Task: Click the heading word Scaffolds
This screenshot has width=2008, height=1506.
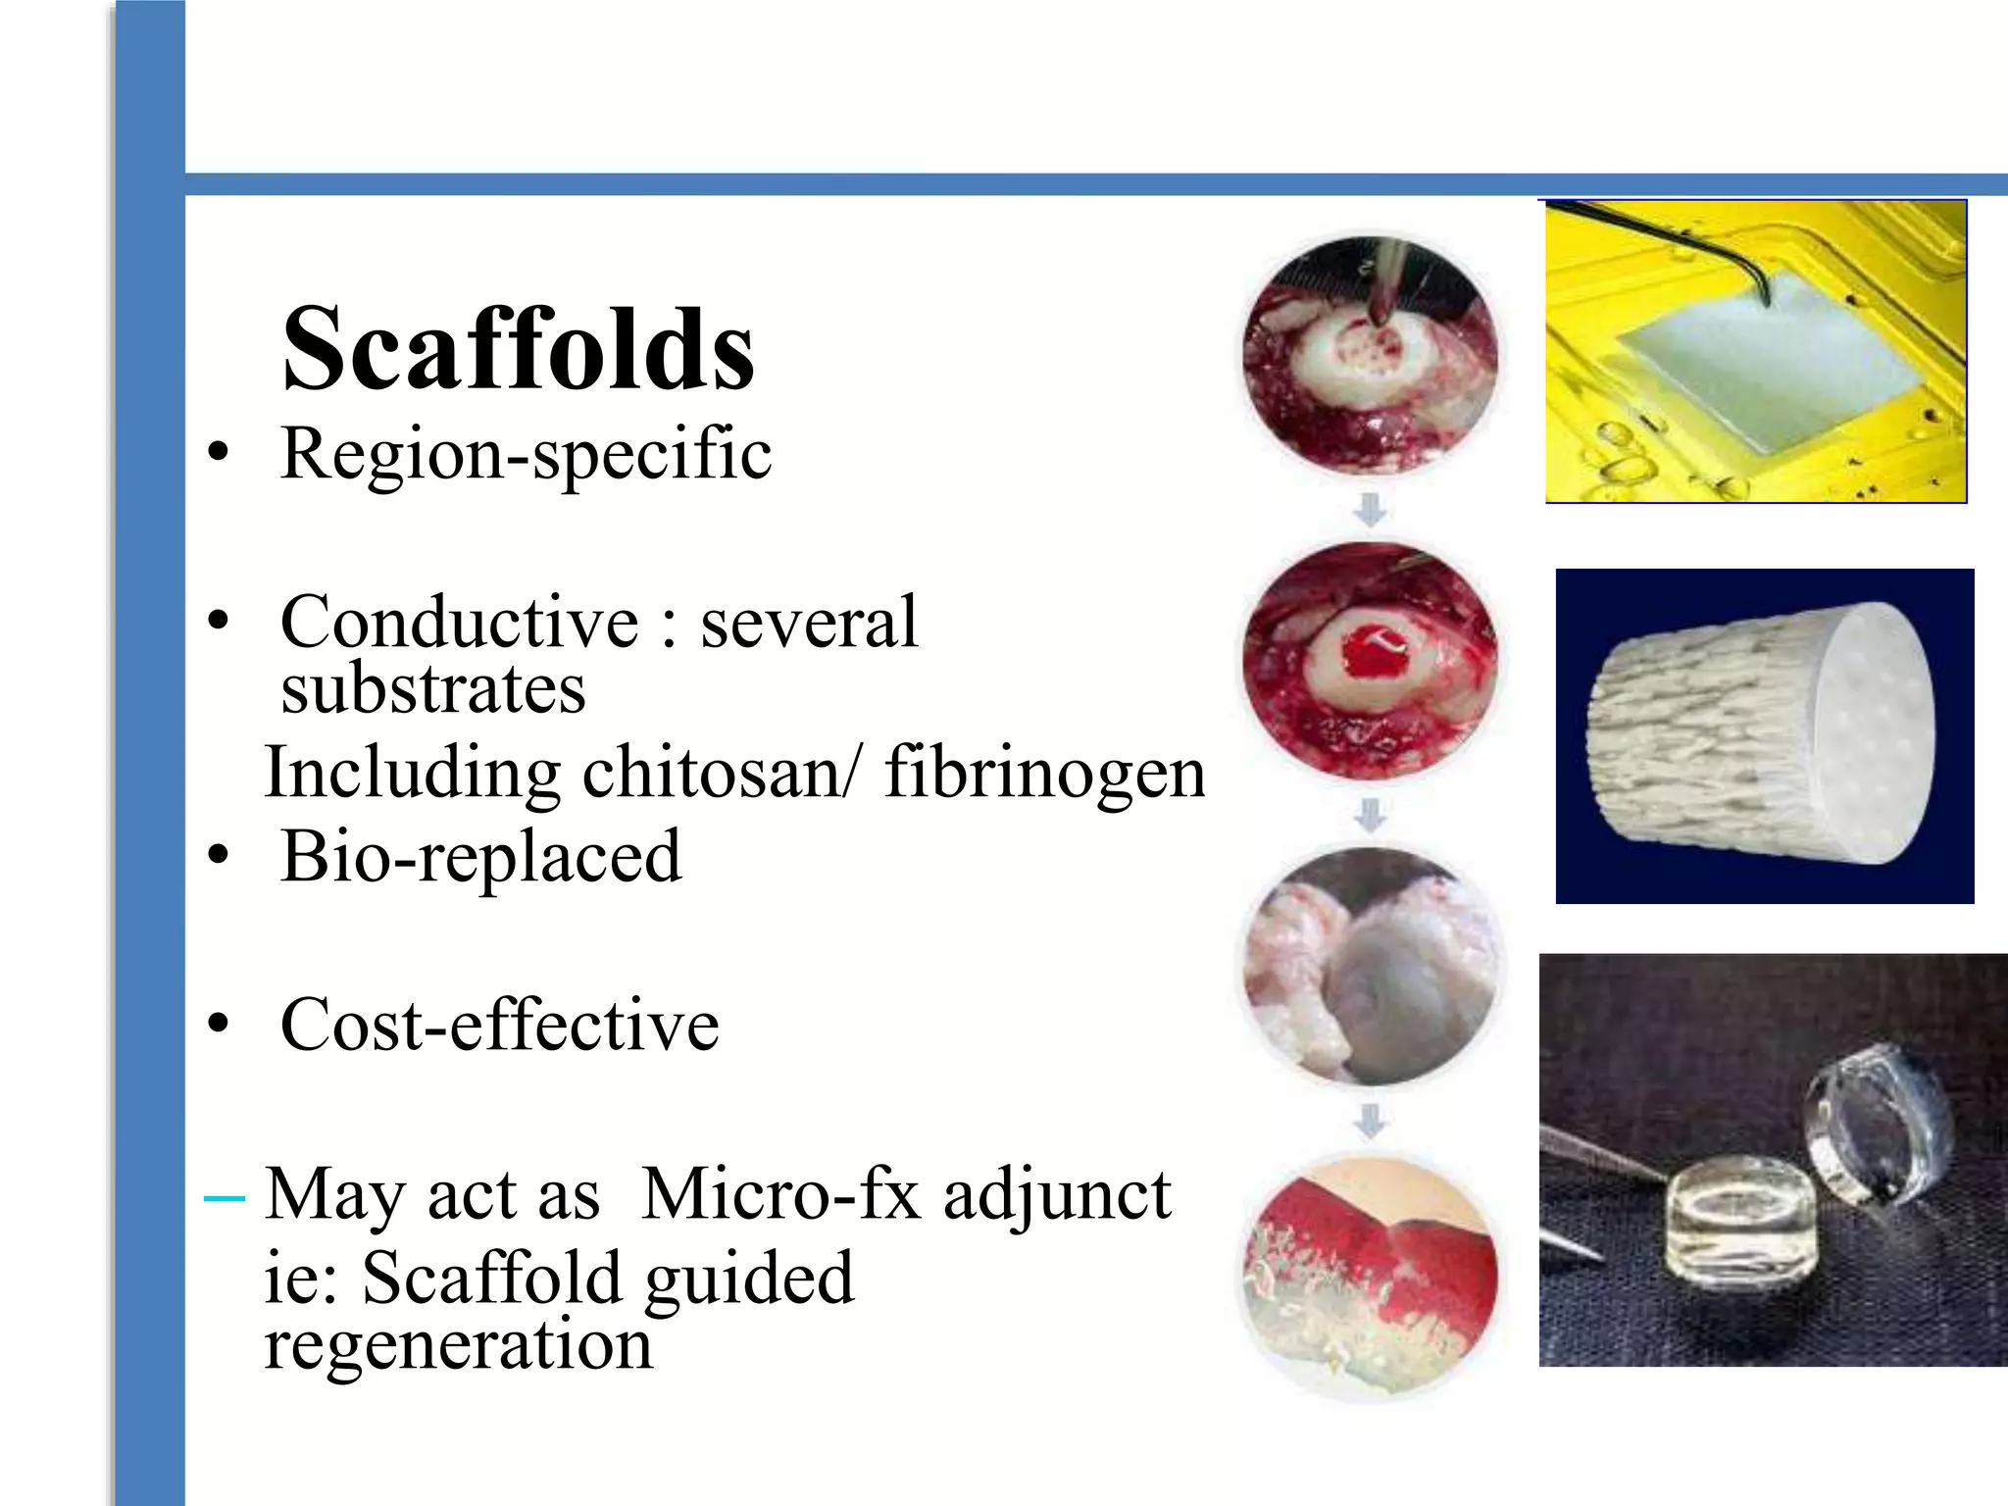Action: click(x=518, y=349)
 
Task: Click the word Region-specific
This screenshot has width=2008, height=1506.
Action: click(x=526, y=454)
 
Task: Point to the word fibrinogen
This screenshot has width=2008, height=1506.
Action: click(x=1044, y=773)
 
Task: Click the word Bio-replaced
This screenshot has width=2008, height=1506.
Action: click(x=480, y=857)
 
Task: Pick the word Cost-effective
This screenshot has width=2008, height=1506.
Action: click(x=500, y=1026)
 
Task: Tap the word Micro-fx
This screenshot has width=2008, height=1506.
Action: click(x=781, y=1194)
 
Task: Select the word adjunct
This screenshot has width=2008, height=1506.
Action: click(x=1057, y=1194)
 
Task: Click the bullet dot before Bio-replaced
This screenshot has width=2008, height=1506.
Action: click(x=218, y=857)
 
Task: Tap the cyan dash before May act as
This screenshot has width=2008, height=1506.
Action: click(x=224, y=1197)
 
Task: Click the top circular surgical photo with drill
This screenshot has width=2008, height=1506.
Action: click(x=1370, y=356)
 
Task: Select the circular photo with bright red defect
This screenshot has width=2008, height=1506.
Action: click(x=1370, y=661)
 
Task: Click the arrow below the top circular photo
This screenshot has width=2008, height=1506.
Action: click(x=1370, y=510)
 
